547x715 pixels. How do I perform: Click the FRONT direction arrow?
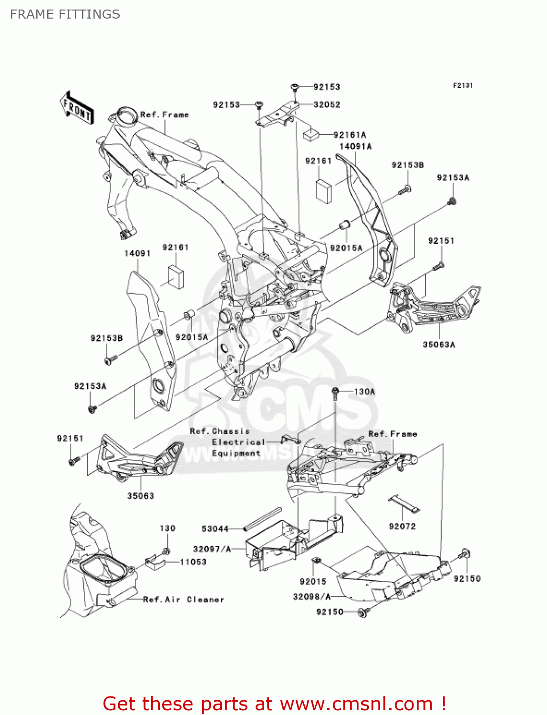(76, 109)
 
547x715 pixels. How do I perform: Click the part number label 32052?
(327, 105)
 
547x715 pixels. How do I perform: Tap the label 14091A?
(355, 146)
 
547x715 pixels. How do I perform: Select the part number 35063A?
(439, 344)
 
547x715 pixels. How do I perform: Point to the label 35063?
(141, 496)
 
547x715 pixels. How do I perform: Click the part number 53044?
(215, 529)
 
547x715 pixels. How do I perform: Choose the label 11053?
(193, 562)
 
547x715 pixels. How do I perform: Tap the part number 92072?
(402, 526)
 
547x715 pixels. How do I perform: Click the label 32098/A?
(311, 596)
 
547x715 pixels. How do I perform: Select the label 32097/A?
(212, 549)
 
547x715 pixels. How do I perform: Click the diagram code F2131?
(463, 85)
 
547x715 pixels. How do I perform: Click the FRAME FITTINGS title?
(65, 14)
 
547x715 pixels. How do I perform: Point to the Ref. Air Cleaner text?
(184, 599)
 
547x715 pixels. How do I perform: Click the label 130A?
(364, 391)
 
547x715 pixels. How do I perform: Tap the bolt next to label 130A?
(336, 393)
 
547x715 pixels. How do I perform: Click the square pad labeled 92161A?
(311, 134)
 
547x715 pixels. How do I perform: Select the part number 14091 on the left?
(137, 253)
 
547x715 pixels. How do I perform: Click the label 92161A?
(350, 135)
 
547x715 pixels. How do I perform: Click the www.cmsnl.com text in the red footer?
(356, 704)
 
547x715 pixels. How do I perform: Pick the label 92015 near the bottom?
(313, 581)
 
